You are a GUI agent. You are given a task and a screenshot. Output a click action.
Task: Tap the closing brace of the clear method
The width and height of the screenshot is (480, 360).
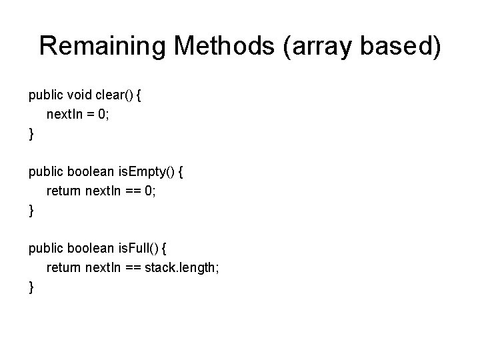(x=31, y=134)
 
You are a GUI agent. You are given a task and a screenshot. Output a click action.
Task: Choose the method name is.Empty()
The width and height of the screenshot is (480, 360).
(x=147, y=172)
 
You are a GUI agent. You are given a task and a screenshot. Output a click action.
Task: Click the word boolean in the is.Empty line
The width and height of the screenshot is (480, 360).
(x=90, y=172)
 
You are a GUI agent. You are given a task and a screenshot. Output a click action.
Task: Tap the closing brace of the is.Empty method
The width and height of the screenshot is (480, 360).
(x=31, y=211)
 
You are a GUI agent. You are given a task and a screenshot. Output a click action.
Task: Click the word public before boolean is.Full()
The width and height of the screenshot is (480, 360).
(x=45, y=249)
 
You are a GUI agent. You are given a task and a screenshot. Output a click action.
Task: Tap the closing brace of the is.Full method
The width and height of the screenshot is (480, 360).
(x=31, y=287)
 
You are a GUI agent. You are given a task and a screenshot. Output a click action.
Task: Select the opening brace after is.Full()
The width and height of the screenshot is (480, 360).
(x=165, y=249)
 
